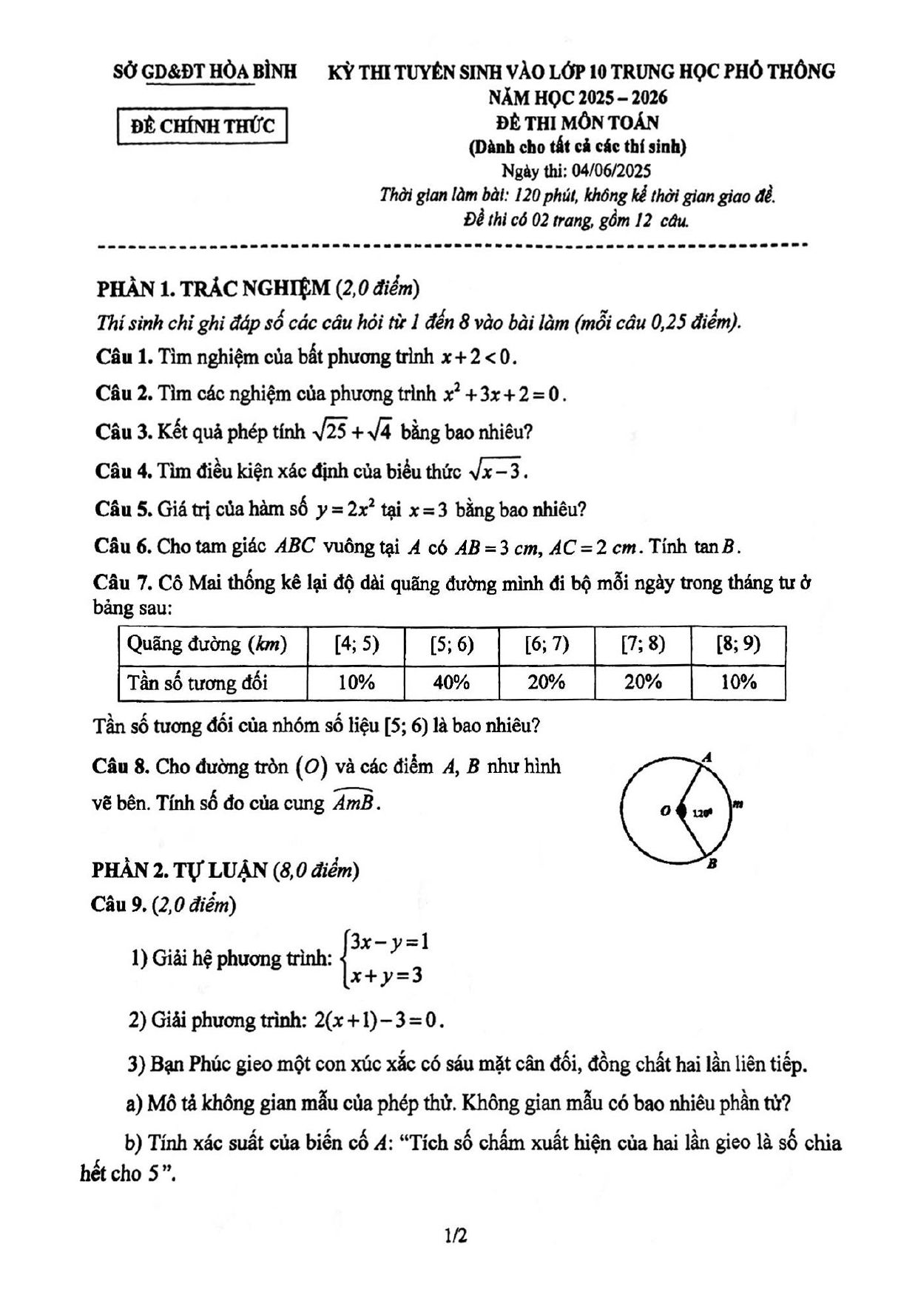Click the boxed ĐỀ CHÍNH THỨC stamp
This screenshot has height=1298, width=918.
[x=202, y=126]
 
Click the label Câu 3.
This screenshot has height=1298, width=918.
[x=123, y=432]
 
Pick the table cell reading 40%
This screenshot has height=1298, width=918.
[x=451, y=683]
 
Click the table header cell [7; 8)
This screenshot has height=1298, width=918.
[x=643, y=644]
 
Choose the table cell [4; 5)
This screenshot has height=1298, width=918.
[x=357, y=644]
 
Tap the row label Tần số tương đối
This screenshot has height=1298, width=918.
[x=198, y=683]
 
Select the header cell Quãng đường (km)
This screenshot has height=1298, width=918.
[x=206, y=644]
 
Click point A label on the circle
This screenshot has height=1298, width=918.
[x=707, y=757]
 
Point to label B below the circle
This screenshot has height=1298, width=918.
[x=711, y=863]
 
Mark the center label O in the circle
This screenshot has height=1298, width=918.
[x=665, y=811]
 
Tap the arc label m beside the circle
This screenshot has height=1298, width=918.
[x=738, y=803]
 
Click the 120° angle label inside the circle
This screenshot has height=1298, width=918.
[x=701, y=813]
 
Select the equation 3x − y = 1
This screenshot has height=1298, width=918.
[x=390, y=942]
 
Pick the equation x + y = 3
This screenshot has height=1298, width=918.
[x=387, y=976]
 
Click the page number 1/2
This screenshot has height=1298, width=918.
[x=456, y=1235]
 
